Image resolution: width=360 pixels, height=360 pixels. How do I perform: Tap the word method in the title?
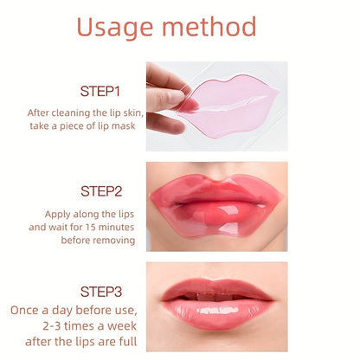click(209, 27)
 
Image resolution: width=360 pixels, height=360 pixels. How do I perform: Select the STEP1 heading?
click(100, 91)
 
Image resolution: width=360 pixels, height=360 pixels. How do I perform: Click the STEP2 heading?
click(101, 191)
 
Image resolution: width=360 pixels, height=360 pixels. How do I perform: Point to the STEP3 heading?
click(101, 292)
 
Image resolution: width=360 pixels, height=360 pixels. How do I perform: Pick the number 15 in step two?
click(90, 228)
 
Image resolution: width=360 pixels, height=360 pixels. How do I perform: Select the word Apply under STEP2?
click(57, 215)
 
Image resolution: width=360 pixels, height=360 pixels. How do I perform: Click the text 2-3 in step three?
click(52, 326)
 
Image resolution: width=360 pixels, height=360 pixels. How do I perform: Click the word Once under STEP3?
click(24, 311)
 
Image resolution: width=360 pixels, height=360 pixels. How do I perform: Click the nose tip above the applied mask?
click(217, 168)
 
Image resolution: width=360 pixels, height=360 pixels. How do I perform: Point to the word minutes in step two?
click(116, 228)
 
